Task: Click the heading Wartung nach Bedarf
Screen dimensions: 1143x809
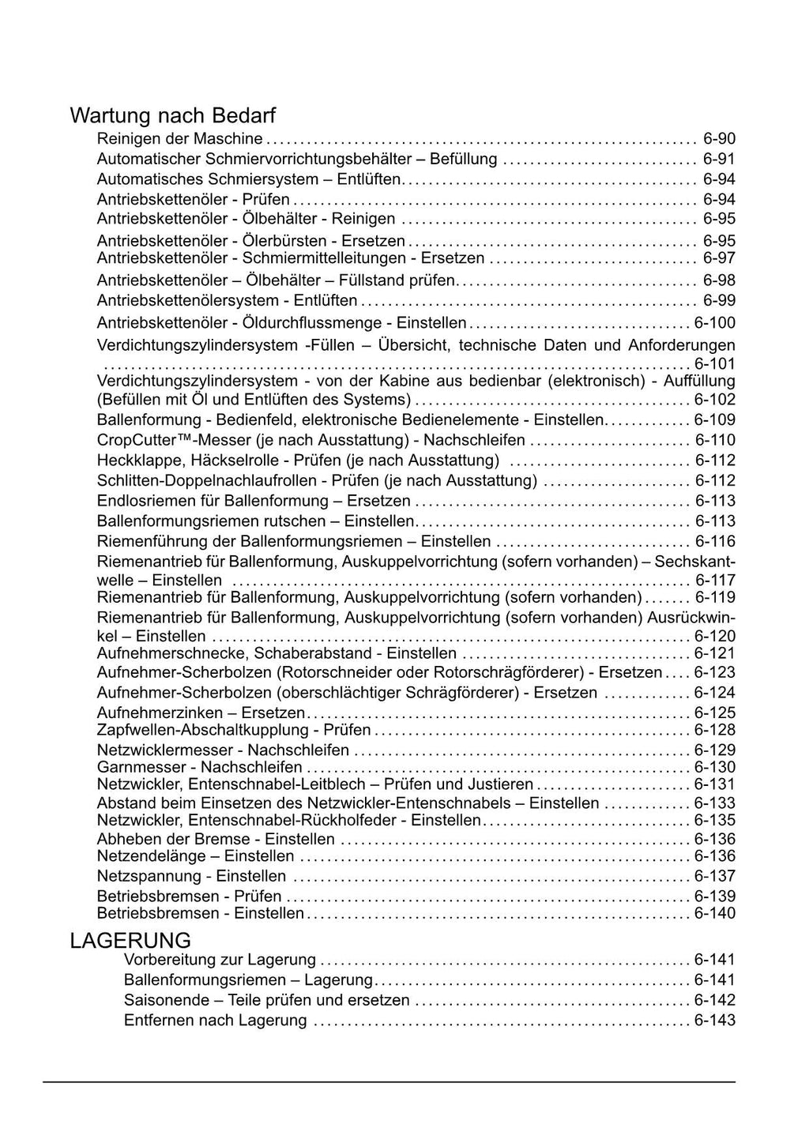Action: point(172,116)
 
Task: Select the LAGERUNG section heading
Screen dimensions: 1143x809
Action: point(130,941)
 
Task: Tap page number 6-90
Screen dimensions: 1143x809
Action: point(719,139)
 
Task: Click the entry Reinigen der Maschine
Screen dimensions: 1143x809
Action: point(179,139)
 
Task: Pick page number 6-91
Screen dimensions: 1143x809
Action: point(719,159)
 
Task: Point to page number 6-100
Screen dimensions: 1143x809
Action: point(714,322)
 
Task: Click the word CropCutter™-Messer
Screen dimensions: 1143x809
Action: point(162,440)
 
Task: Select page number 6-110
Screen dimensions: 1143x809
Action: point(714,440)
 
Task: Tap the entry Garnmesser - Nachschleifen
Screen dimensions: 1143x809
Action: point(199,767)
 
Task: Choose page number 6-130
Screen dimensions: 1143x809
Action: point(714,767)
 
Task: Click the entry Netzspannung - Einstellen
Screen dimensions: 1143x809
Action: point(191,876)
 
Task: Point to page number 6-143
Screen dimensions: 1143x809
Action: point(714,1020)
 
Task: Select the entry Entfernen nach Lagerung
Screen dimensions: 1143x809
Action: point(215,1020)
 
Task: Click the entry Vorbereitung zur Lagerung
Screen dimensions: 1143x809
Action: point(220,960)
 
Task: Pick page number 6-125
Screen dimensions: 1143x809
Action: point(714,712)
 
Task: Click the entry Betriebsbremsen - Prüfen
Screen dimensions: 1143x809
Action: point(189,896)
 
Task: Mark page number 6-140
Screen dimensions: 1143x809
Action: point(714,913)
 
